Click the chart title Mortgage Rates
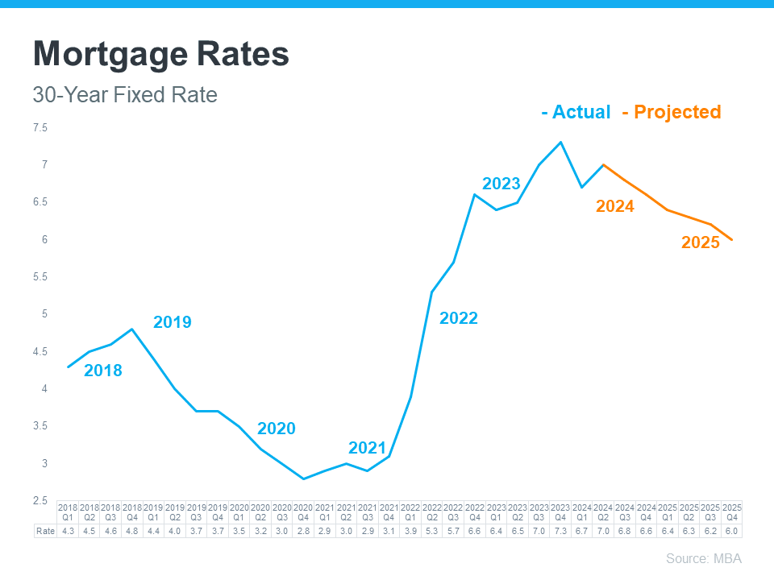coord(160,55)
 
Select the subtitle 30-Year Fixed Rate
coord(125,95)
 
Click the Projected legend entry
coord(672,112)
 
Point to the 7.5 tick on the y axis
coord(40,128)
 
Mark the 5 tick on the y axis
coord(45,314)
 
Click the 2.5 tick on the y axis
coord(40,501)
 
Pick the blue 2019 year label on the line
coord(173,322)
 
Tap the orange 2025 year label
coord(700,242)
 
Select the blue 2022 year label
coord(458,318)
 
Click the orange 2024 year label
coord(614,206)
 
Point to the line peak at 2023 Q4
coord(560,143)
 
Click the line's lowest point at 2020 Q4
coord(303,478)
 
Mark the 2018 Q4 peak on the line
coord(132,329)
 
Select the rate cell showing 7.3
coord(560,531)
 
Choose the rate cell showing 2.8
coord(303,531)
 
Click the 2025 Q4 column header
coord(731,512)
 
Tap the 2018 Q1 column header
coord(68,512)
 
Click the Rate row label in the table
coord(45,531)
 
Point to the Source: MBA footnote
coord(703,558)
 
